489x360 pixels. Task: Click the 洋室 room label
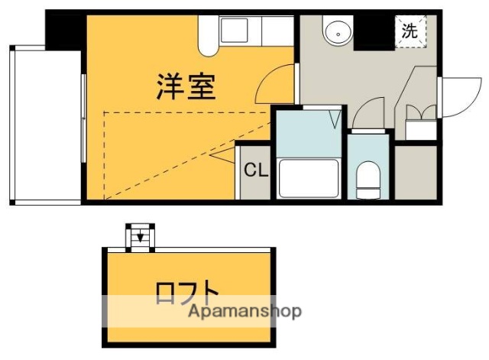(x=186, y=86)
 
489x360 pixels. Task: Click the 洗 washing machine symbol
(x=410, y=31)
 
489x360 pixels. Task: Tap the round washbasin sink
(x=335, y=33)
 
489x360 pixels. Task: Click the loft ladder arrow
(x=139, y=237)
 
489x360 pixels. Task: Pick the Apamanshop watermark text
(x=244, y=311)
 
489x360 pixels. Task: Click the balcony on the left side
(x=45, y=125)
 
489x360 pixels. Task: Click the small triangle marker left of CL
(x=222, y=158)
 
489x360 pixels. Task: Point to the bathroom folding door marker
(x=334, y=118)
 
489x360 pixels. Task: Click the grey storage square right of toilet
(x=416, y=171)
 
